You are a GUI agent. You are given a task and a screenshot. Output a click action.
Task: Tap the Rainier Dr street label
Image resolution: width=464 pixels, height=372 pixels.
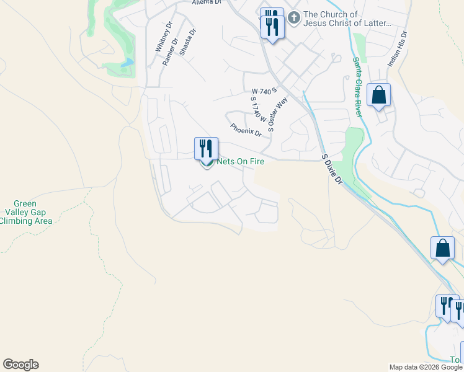click(171, 51)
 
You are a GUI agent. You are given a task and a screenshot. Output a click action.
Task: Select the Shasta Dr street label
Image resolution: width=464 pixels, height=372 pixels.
click(187, 42)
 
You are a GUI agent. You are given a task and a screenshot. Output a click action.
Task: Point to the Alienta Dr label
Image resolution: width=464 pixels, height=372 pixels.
click(207, 2)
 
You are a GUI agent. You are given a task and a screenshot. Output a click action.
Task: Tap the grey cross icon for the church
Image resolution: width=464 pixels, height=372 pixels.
click(295, 19)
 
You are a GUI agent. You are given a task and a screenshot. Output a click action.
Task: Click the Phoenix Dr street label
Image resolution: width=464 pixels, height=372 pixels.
click(246, 130)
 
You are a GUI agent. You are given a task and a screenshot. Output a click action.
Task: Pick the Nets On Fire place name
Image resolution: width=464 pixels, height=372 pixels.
click(240, 162)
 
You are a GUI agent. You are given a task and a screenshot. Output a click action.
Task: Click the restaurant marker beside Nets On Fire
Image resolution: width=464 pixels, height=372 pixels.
click(206, 149)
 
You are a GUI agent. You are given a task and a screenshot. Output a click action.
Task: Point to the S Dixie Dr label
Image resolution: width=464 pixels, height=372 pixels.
click(332, 169)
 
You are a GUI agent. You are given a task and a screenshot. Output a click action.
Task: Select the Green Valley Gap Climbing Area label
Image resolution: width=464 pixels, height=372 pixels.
click(25, 212)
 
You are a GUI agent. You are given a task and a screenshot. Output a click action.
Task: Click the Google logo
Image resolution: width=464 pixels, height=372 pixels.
click(20, 365)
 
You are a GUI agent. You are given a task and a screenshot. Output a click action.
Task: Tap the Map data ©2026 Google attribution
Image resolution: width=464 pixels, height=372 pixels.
click(426, 367)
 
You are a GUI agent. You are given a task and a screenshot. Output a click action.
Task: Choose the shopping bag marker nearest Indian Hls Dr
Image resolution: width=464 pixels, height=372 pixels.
click(378, 96)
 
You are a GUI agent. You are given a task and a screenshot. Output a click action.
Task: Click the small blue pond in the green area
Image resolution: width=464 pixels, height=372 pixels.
click(128, 63)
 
